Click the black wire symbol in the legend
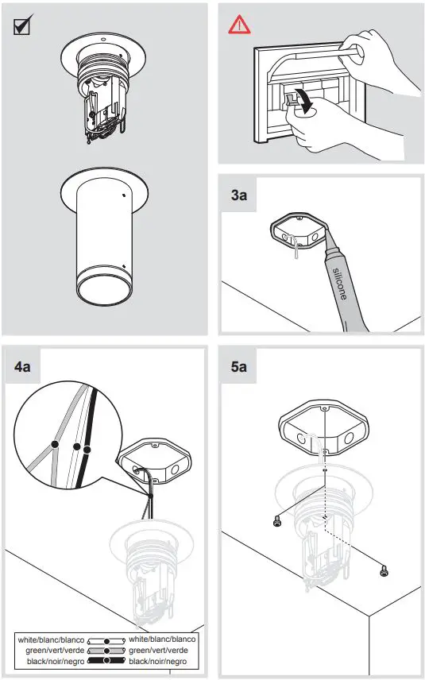106,661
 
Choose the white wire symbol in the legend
106,639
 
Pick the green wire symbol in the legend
106,650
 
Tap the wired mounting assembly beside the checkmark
103,91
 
